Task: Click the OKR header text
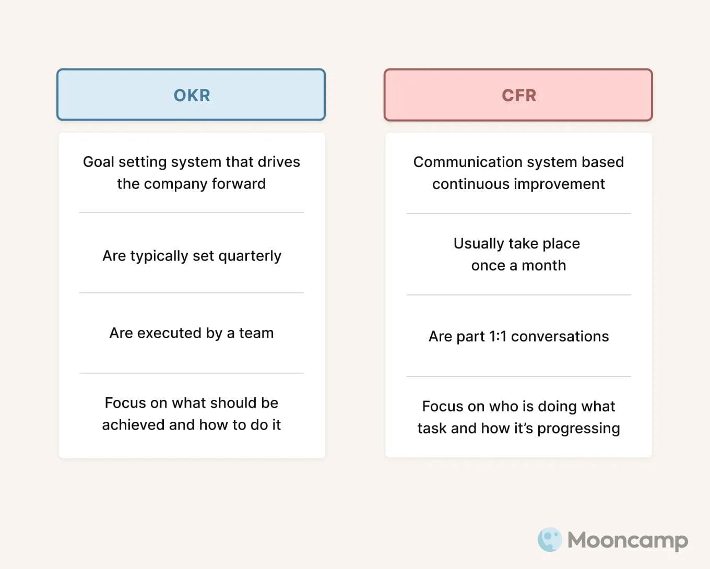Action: pos(192,96)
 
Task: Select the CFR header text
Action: pos(519,96)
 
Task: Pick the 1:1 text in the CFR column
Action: pos(498,337)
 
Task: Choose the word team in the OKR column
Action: pos(256,333)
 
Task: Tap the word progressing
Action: pos(578,429)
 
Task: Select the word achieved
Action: pos(134,425)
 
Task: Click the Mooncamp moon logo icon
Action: pos(549,540)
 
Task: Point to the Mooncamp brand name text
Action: pos(628,540)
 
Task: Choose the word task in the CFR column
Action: pos(432,429)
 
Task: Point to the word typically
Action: pos(159,256)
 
